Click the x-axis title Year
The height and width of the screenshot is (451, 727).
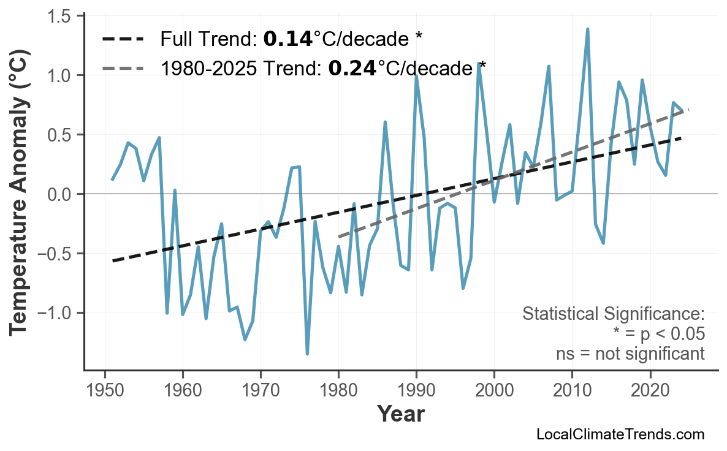click(400, 414)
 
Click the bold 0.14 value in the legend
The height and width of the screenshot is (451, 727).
click(287, 40)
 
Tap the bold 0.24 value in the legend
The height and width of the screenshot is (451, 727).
click(352, 68)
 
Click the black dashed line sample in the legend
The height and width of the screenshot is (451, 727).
click(123, 40)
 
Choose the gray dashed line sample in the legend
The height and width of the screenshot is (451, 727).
click(123, 68)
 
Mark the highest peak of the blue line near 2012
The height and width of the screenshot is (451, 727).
click(587, 29)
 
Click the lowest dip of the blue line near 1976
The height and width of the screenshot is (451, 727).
click(307, 354)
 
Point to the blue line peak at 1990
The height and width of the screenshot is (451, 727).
click(416, 75)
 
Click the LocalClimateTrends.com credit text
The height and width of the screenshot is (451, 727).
click(620, 434)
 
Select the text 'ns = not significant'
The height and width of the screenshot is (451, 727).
click(630, 354)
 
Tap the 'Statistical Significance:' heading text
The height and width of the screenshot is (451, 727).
click(613, 314)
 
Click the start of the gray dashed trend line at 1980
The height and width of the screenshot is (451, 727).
click(339, 236)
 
